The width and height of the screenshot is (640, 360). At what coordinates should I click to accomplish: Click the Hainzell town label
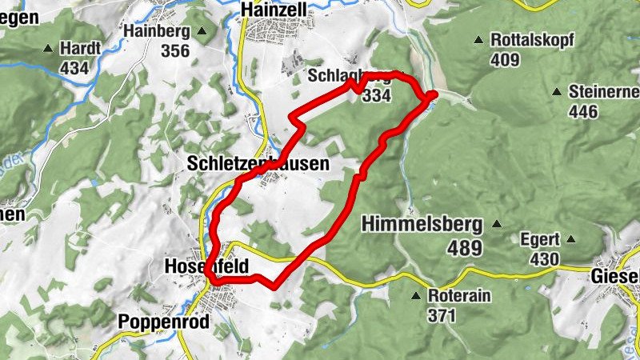274,9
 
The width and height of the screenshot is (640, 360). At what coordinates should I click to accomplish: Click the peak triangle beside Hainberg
202,32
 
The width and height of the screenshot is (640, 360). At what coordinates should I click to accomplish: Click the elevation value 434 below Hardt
74,68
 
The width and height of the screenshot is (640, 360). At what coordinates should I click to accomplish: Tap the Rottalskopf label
532,39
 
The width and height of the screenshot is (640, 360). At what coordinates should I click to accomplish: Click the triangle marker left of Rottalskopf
478,39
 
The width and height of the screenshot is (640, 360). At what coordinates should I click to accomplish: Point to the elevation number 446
583,111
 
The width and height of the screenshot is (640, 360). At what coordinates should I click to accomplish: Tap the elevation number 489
464,249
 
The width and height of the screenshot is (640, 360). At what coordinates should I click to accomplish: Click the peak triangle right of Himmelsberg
497,225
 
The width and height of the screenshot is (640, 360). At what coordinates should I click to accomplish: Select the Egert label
536,238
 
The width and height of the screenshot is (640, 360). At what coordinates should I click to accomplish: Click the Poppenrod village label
163,322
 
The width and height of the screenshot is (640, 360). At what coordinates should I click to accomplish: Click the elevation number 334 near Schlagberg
376,96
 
